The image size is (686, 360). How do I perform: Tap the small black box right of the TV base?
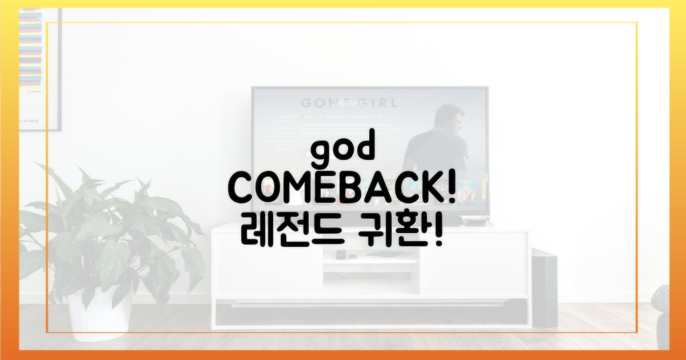click(474, 222)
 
